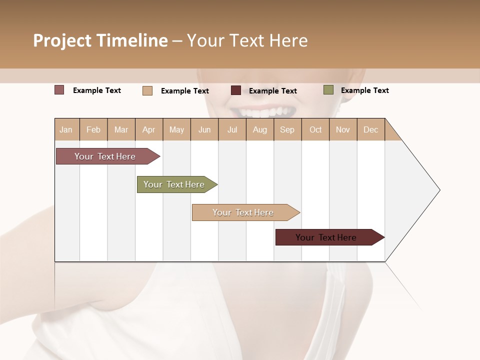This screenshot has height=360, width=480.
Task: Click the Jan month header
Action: coord(66,129)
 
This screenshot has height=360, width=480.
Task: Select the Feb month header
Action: coord(93,129)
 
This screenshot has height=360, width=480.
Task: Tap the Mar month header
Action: coord(121,129)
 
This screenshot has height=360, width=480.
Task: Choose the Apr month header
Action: coord(149,129)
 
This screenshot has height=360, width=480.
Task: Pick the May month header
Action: coord(176,129)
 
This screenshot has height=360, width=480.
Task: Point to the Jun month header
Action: coord(204,129)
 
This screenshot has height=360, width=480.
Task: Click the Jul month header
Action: coord(232,129)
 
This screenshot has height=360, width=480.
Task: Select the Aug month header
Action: coord(260,129)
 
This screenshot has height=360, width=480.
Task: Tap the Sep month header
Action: coord(287,129)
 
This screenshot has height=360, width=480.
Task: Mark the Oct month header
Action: coord(315,129)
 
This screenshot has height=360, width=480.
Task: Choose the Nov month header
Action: coord(343,129)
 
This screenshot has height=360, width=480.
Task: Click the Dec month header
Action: coord(371,129)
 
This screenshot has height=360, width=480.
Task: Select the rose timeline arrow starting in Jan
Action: coord(105,156)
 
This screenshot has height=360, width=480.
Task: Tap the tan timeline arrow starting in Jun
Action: coord(243,212)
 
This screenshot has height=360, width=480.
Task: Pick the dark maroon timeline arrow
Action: coord(326,237)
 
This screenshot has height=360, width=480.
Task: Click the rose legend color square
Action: coord(59,90)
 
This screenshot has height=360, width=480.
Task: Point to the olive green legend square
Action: coord(328,90)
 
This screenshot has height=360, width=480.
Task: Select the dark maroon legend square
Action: coord(236,90)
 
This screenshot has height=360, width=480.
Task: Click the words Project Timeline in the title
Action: coord(100,40)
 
